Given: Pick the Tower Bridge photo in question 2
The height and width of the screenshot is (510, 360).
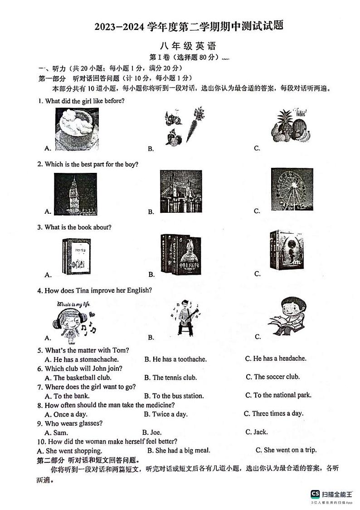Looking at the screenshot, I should (180, 191).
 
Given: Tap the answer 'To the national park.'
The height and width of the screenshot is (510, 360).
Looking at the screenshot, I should (278, 395).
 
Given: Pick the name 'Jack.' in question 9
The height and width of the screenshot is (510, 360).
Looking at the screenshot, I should (257, 432).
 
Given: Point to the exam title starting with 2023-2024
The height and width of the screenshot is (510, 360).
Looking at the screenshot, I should (189, 27).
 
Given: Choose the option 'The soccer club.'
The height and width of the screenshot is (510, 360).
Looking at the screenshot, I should (272, 377).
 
